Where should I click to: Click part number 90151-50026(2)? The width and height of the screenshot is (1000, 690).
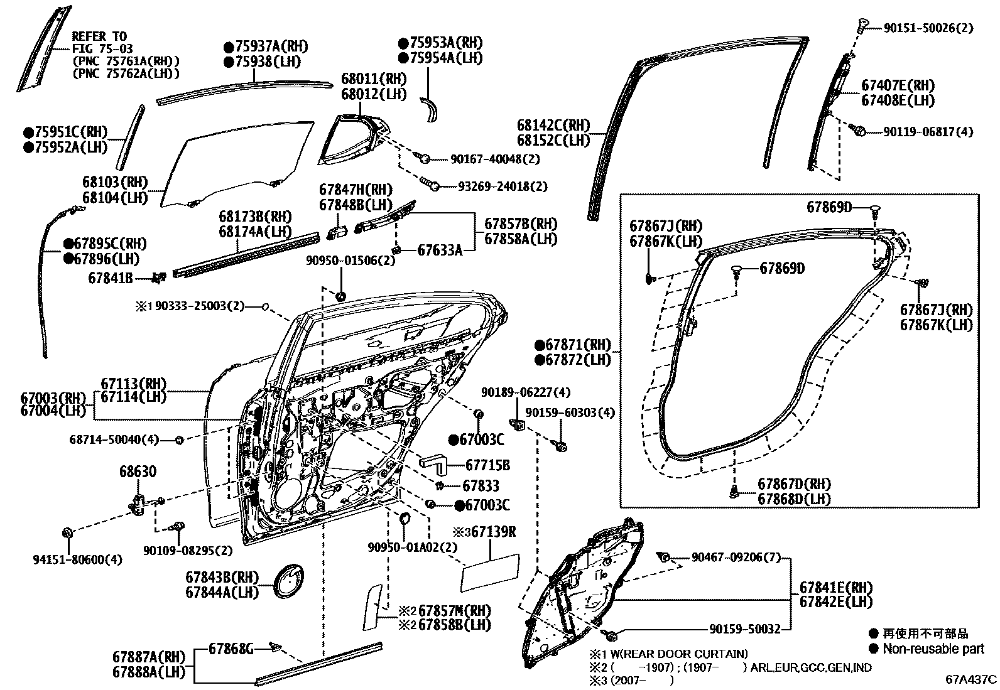coord(928,28)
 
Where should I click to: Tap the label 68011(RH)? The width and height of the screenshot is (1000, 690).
coord(374,79)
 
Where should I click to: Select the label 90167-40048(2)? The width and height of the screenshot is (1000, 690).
coord(495,159)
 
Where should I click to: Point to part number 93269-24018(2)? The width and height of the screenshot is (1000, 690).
coord(503,186)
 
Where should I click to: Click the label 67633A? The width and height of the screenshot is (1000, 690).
coord(440,251)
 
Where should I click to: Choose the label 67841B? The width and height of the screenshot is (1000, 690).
coord(111,278)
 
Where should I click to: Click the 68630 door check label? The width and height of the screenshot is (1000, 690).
coord(138,472)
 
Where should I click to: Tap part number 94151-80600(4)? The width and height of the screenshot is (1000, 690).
coord(78,559)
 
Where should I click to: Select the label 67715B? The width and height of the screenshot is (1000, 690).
coord(487,465)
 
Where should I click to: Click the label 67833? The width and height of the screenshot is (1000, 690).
coord(481,485)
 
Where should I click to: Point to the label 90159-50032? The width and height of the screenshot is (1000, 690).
coord(745,629)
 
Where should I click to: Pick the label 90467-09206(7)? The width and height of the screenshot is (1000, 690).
coord(736,558)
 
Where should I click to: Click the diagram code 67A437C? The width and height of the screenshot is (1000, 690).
coord(971,679)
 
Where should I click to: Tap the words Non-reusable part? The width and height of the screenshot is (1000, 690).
coord(933,649)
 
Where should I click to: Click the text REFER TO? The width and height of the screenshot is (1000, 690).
coord(99,36)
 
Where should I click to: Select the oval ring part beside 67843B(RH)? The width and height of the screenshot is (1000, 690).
coord(288,580)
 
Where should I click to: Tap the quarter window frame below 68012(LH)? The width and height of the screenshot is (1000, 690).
coord(354,140)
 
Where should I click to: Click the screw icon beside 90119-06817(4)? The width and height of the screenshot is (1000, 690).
coord(857,131)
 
